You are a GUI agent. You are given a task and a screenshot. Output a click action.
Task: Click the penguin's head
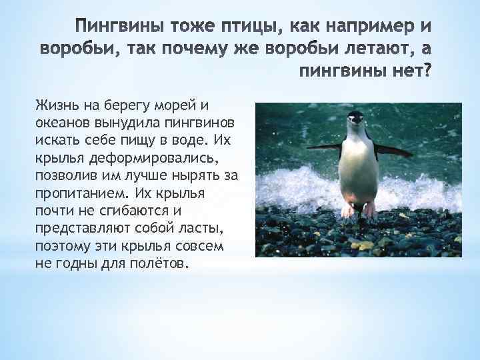tap(357, 121)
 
